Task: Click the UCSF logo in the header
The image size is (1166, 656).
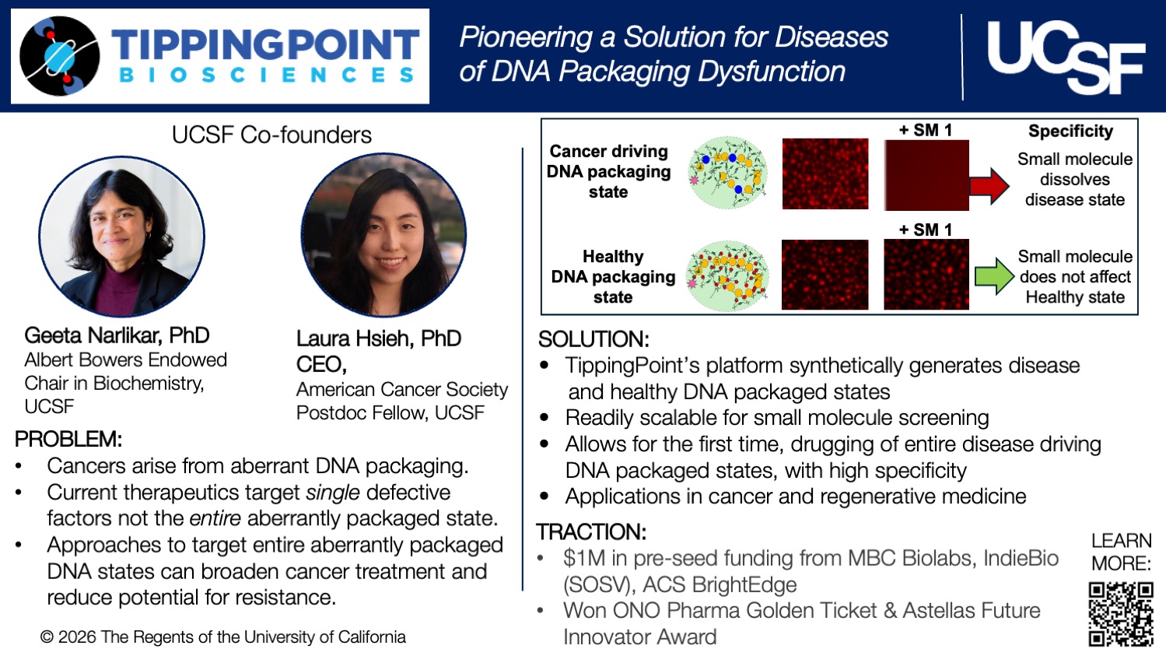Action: pos(1065,57)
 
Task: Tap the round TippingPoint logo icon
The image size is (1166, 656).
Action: pos(60,56)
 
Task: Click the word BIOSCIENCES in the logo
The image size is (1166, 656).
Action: pos(266,75)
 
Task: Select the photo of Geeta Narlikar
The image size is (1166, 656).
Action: pos(122,237)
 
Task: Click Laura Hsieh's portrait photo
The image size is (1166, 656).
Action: pos(383,235)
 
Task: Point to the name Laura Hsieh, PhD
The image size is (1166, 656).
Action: pos(379,339)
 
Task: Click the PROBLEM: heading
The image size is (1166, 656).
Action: pos(68,439)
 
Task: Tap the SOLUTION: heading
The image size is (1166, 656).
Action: pos(594,339)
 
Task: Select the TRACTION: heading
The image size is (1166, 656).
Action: pos(591,532)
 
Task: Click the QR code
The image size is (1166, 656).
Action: pos(1120,614)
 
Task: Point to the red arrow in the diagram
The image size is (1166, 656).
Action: pos(989,186)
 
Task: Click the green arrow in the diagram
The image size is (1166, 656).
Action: pos(993,276)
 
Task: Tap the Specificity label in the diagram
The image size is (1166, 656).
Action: pos(1070,131)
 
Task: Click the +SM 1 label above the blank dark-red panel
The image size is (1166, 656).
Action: pos(926,131)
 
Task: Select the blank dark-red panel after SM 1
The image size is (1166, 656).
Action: pos(926,176)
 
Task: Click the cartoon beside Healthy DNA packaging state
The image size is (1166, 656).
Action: pos(728,276)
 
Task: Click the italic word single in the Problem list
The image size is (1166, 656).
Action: pos(333,493)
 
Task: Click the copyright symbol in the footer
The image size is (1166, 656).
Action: pos(47,637)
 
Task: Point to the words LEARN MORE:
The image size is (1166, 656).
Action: pos(1121,552)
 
